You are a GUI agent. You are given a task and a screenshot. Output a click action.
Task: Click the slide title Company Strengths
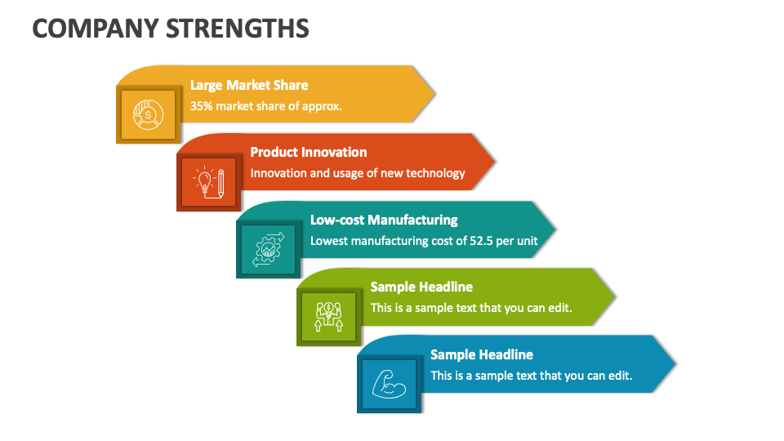tap(171, 28)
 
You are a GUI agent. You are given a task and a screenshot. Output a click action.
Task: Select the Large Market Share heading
tap(249, 85)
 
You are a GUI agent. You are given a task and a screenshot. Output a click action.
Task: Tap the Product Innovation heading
tap(308, 152)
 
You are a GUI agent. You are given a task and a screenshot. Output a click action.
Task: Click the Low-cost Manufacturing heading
tap(384, 220)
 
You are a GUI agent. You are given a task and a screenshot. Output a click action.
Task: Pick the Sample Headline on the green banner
tap(421, 287)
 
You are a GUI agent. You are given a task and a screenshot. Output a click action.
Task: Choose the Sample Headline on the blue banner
tap(482, 354)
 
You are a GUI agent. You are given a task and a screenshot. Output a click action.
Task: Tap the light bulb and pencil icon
tap(208, 181)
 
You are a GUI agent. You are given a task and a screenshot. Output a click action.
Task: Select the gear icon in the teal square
tap(269, 249)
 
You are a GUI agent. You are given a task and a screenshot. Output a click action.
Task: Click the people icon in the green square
tap(328, 316)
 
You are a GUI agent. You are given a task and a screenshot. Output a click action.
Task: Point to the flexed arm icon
tap(389, 384)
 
